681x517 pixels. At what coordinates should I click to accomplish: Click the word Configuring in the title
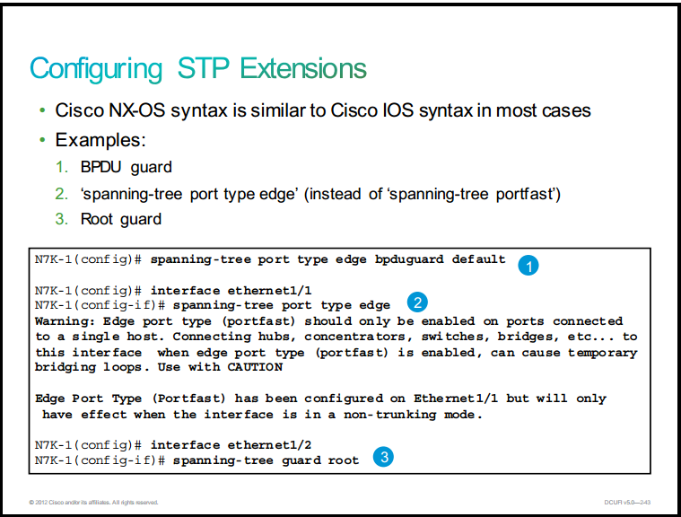[x=96, y=69]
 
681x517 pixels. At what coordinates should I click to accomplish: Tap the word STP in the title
[x=204, y=68]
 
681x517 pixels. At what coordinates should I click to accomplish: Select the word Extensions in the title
[x=303, y=68]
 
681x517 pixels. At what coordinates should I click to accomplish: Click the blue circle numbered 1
[x=528, y=266]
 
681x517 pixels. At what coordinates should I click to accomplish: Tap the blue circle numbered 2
[x=417, y=302]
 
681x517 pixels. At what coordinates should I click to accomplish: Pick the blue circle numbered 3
[x=383, y=457]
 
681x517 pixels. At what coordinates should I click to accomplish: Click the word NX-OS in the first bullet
[x=137, y=110]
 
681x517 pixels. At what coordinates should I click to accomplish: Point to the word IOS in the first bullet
[x=398, y=110]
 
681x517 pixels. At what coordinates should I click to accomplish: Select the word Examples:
[x=100, y=140]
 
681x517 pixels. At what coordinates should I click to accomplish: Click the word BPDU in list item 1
[x=100, y=167]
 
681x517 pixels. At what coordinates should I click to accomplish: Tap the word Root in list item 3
[x=97, y=219]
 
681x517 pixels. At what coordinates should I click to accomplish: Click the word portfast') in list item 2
[x=528, y=194]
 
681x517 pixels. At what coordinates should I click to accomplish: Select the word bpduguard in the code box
[x=409, y=259]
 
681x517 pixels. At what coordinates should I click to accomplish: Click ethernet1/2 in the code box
[x=269, y=445]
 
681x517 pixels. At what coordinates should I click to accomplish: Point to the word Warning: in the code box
[x=65, y=321]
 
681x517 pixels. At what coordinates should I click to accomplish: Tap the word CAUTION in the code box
[x=255, y=367]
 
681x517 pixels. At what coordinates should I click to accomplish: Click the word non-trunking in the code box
[x=389, y=415]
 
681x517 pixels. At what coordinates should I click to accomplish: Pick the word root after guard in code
[x=343, y=460]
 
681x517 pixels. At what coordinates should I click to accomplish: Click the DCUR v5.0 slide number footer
[x=627, y=503]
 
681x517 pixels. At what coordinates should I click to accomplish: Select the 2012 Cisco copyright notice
[x=93, y=503]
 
